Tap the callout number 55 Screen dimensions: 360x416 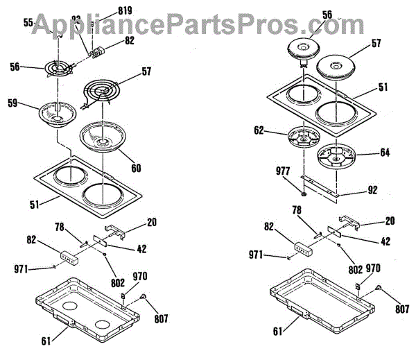[x=28, y=23]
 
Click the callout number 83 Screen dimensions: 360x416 [x=76, y=19]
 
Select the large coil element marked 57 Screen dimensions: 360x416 [x=104, y=93]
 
